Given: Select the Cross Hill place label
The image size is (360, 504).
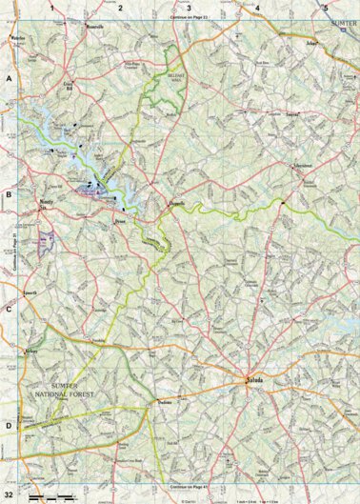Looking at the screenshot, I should [69, 86].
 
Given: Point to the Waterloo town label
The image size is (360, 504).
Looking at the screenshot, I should [18, 38].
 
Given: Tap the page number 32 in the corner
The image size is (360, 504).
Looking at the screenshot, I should [9, 495].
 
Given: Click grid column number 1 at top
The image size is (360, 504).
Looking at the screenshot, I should [52, 8].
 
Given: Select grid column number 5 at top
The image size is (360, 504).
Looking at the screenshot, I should [326, 8].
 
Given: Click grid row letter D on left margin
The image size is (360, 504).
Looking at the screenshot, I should [9, 426].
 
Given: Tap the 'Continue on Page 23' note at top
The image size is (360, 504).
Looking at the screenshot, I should [189, 18].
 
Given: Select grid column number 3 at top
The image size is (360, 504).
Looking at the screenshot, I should [189, 8].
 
